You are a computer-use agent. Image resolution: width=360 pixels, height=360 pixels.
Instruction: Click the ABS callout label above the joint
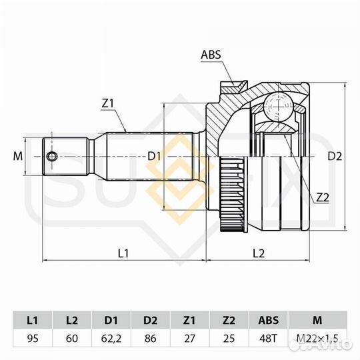pyautogui.click(x=211, y=55)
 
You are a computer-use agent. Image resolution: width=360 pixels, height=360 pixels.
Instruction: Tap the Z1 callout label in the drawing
pyautogui.click(x=108, y=104)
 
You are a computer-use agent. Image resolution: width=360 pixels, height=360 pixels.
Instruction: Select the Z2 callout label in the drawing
pyautogui.click(x=323, y=197)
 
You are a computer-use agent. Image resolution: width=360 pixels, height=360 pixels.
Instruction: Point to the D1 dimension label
pyautogui.click(x=154, y=157)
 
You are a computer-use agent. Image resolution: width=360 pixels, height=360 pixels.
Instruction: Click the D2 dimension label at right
pyautogui.click(x=335, y=157)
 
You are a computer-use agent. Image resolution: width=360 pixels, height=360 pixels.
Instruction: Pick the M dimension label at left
pyautogui.click(x=18, y=157)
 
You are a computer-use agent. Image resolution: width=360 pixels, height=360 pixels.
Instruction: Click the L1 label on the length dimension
pyautogui.click(x=123, y=253)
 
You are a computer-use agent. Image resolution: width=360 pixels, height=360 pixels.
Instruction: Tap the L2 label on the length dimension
pyautogui.click(x=259, y=253)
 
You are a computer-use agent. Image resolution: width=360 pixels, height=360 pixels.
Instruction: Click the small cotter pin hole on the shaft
pyautogui.click(x=51, y=157)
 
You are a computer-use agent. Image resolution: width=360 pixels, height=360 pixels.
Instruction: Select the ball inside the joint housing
pyautogui.click(x=278, y=106)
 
